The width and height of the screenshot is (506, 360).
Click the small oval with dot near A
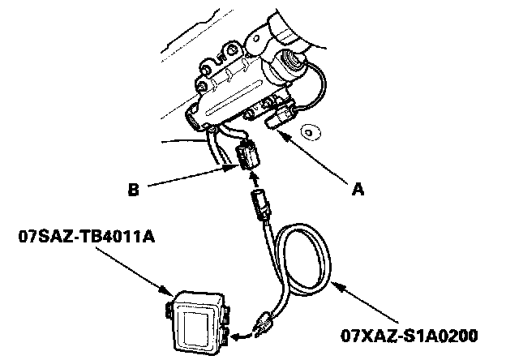[x=308, y=131]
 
